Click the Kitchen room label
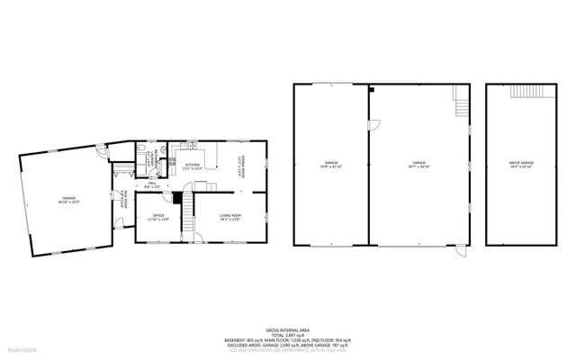coord(193,166)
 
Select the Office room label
coord(157,216)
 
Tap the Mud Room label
coord(121,203)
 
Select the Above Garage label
coord(521,165)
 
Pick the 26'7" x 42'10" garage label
coord(418,166)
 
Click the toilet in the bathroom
coord(141,148)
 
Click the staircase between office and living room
coord(189,214)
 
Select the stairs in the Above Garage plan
coord(521,91)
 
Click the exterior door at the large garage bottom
coord(460,251)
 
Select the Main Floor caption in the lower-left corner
coord(22,348)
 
